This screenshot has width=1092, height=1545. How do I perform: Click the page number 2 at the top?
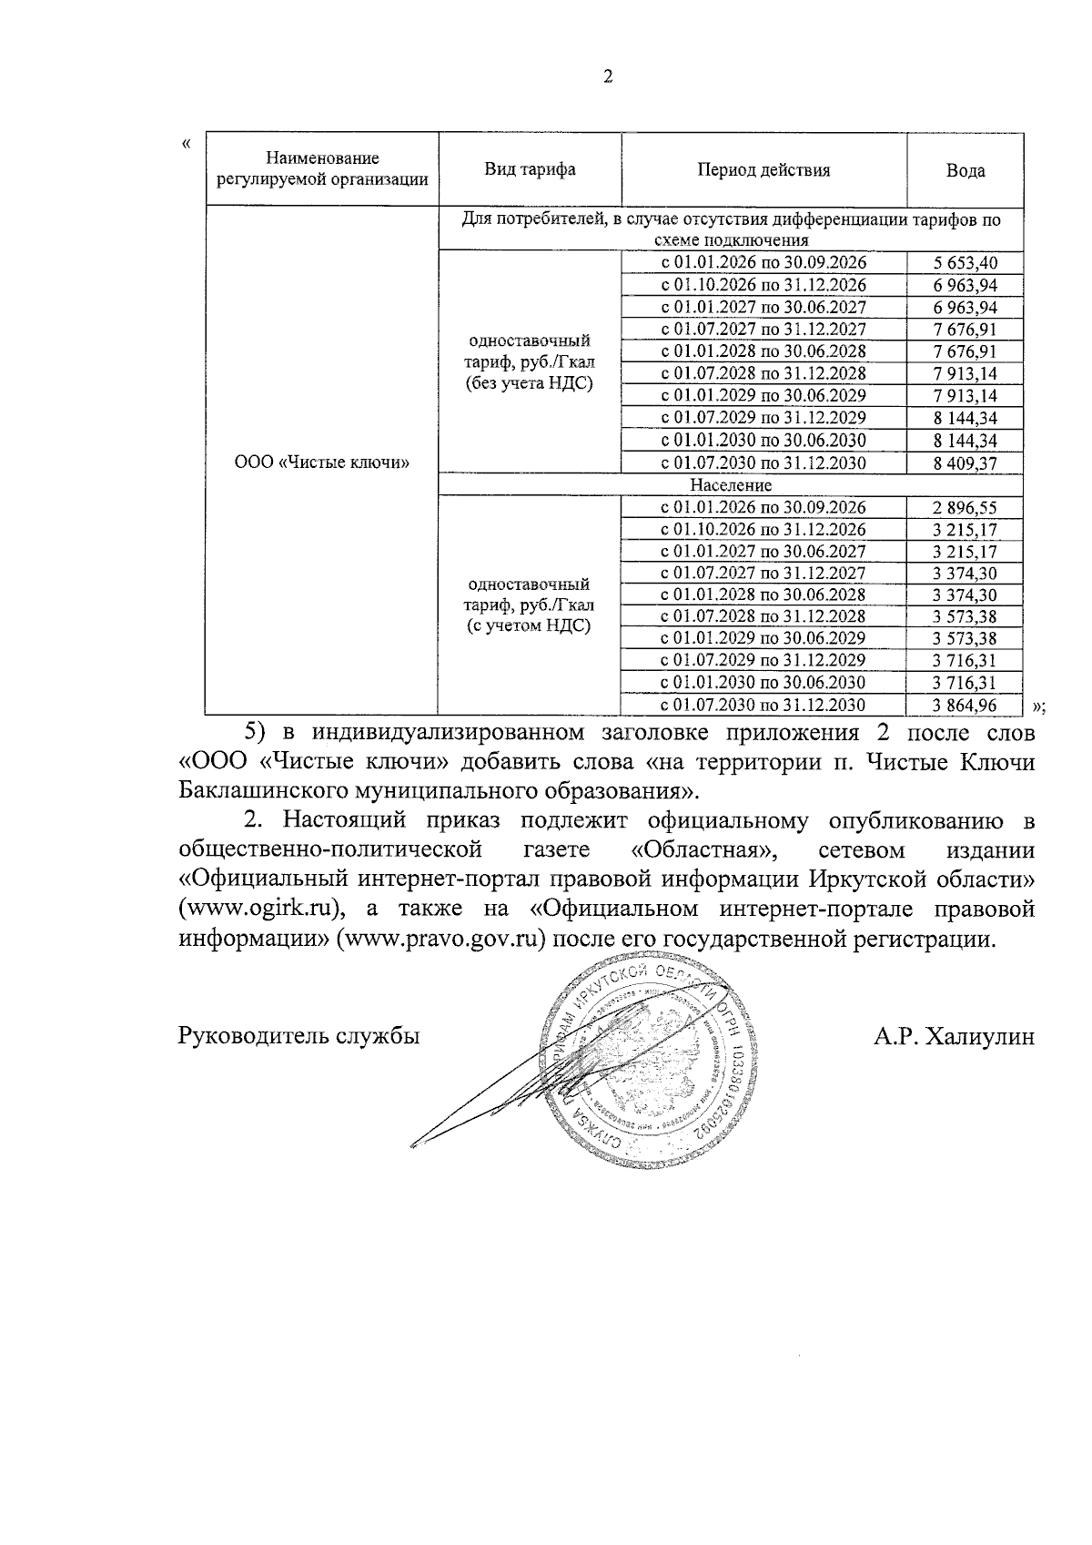(608, 77)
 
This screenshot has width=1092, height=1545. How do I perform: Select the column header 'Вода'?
(965, 170)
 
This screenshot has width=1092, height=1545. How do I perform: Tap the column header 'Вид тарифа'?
(530, 169)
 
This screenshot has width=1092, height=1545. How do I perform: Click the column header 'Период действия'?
(763, 169)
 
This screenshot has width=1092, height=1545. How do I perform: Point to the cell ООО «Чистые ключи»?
(322, 462)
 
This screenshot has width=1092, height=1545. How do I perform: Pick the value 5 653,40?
(965, 263)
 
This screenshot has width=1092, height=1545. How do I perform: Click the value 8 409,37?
(965, 462)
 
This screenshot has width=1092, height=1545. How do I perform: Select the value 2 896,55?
(965, 507)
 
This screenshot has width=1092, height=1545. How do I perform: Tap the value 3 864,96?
(965, 705)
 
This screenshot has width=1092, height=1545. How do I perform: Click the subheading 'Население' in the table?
(730, 485)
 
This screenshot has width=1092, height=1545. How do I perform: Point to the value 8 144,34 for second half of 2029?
(965, 418)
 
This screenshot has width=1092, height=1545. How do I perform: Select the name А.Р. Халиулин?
(953, 1035)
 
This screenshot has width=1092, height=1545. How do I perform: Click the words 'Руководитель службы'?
(298, 1035)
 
